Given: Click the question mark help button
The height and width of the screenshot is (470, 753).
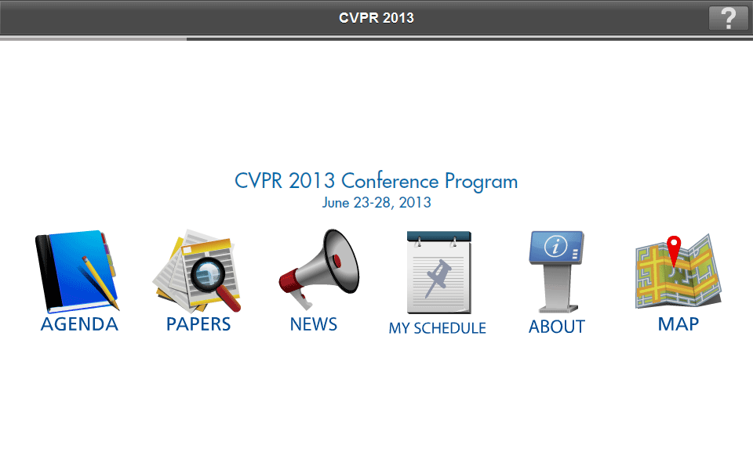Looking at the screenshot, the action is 728,18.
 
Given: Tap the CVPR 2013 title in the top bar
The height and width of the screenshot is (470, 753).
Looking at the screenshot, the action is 376,18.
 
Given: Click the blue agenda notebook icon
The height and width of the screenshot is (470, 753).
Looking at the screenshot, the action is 77,271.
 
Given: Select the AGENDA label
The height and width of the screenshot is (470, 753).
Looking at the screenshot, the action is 79,324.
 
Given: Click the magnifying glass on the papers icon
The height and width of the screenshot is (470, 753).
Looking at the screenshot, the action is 214,283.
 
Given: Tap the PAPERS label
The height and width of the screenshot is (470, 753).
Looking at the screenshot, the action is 198,324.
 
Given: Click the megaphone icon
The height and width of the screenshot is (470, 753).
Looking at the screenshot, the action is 319,269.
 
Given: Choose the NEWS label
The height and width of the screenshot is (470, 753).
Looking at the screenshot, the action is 314,324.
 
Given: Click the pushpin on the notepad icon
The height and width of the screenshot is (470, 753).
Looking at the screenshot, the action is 438,277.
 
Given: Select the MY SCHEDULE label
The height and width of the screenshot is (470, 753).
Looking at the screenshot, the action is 438,328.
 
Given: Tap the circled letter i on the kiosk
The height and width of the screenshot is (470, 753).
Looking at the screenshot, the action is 555,247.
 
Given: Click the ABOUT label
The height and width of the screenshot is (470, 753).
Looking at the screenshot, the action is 557,327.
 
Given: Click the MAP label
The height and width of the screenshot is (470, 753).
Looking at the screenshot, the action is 678,324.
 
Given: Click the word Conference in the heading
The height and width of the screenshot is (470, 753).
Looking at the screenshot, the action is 390,181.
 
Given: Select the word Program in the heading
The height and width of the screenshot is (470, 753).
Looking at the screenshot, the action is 481,183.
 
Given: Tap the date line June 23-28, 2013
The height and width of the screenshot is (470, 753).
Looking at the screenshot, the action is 376,203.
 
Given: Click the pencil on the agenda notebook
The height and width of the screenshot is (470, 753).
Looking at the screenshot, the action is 100,283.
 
